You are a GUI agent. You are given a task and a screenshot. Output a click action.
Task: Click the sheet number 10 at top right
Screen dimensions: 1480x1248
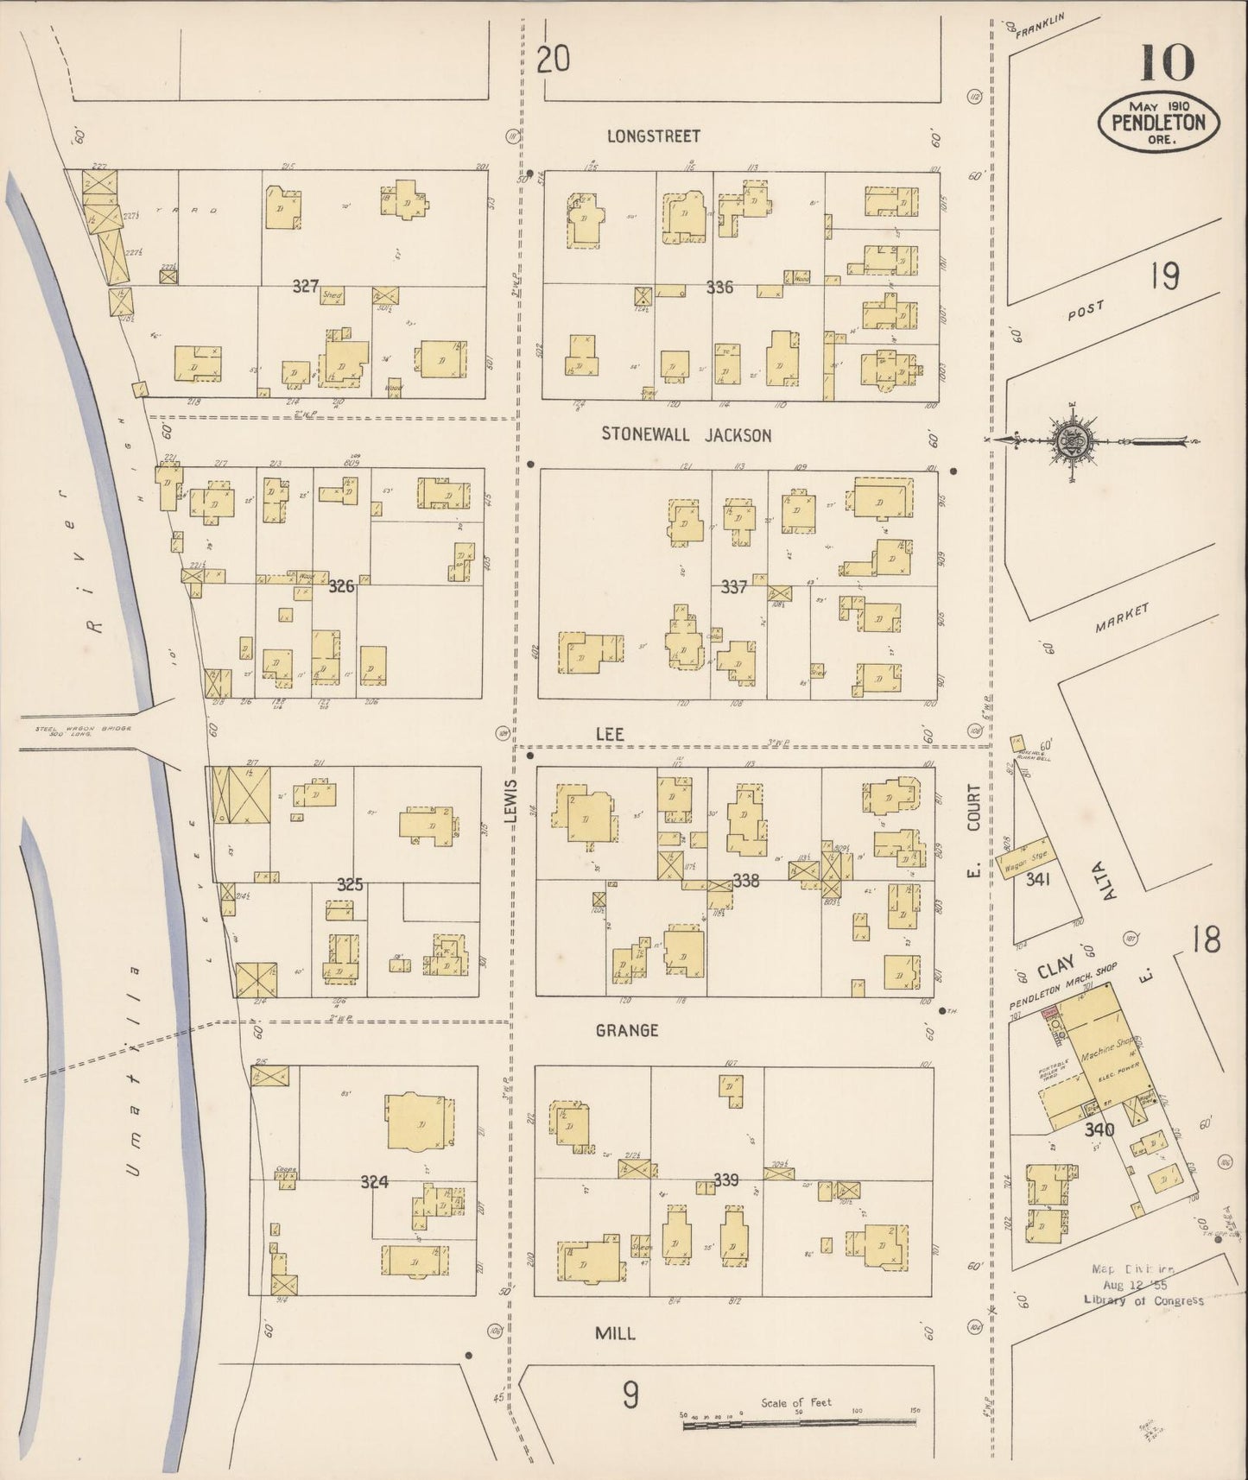(x=1167, y=62)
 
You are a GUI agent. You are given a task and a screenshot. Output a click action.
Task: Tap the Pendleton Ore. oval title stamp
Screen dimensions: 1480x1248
(x=1158, y=122)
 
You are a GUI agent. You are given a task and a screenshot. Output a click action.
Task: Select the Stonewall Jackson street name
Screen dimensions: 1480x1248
(x=686, y=435)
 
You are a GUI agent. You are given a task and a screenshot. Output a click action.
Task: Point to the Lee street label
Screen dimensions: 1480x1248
(x=609, y=733)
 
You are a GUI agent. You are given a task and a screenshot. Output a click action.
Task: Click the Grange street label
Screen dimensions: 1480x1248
(x=627, y=1030)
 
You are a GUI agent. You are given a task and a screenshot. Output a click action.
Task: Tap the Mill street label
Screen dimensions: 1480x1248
(x=616, y=1333)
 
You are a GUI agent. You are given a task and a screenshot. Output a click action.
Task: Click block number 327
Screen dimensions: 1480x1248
(x=305, y=286)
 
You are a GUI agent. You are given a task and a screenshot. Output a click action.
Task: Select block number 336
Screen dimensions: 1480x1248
(x=719, y=287)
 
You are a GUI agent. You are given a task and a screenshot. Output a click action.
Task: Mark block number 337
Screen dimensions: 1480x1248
(x=733, y=587)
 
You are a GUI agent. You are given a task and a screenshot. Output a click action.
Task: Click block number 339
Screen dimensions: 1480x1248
(x=726, y=1180)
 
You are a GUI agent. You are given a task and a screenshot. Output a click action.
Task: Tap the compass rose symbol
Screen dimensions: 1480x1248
(x=1072, y=440)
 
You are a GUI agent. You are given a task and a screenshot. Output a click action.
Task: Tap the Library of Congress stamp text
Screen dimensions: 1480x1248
(x=1142, y=1300)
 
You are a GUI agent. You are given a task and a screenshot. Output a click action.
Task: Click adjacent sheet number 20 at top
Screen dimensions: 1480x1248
(x=553, y=60)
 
